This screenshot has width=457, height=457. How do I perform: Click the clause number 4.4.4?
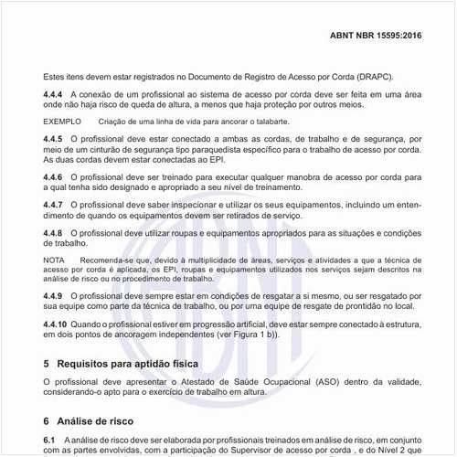[56, 94]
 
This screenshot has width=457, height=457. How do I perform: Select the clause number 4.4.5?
[56, 137]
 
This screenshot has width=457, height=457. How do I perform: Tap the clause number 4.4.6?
[56, 175]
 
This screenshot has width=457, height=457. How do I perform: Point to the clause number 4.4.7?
[56, 204]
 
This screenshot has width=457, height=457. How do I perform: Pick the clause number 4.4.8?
[56, 233]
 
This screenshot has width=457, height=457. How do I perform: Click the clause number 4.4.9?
[56, 297]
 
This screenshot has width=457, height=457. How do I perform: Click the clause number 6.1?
[50, 440]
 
